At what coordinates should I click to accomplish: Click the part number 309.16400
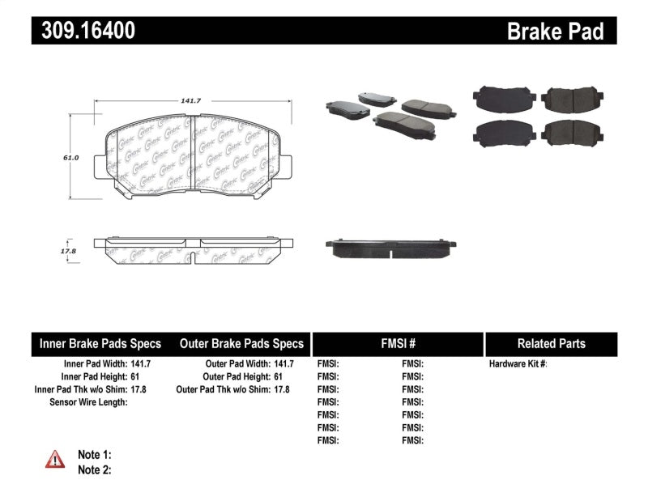click(x=83, y=31)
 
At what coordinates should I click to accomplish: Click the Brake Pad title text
click(x=556, y=32)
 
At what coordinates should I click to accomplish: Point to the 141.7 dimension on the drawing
click(x=191, y=100)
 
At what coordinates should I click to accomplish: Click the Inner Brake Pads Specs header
click(x=100, y=344)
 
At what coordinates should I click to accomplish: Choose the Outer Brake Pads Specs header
click(x=242, y=344)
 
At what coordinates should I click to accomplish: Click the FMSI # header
click(x=398, y=344)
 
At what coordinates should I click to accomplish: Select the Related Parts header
click(x=551, y=344)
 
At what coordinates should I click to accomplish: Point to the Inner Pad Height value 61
click(x=146, y=376)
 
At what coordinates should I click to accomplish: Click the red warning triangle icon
click(x=54, y=460)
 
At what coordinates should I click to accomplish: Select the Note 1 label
click(x=94, y=455)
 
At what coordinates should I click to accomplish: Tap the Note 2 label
click(x=94, y=469)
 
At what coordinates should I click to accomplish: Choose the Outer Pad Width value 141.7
click(x=283, y=364)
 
